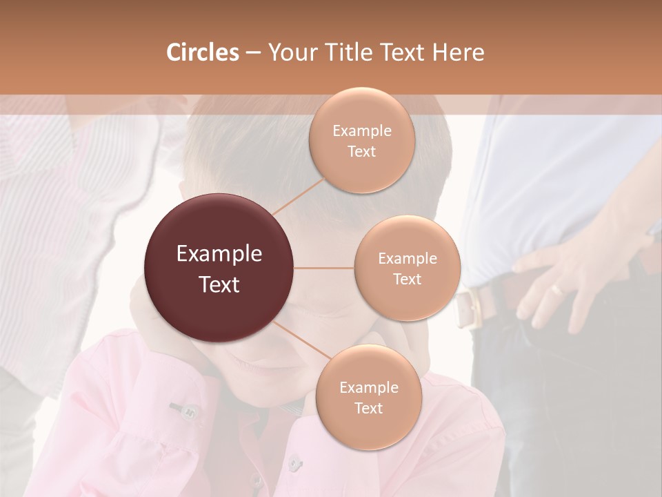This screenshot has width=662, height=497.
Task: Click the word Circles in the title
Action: [x=202, y=52]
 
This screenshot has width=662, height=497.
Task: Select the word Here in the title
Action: [x=459, y=52]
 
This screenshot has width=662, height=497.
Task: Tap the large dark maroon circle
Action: [x=219, y=268]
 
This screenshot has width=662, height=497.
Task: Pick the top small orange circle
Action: [x=361, y=141]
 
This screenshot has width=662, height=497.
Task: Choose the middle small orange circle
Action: [x=407, y=268]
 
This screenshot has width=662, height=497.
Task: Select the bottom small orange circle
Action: [x=368, y=397]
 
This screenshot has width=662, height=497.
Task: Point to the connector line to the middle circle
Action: [x=324, y=268]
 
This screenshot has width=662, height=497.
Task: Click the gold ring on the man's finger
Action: [x=557, y=290]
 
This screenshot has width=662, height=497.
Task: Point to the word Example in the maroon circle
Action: [x=219, y=254]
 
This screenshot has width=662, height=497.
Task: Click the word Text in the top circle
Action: [x=361, y=152]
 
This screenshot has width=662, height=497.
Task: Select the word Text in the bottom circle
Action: [x=368, y=408]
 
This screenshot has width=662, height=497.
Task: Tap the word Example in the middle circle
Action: [x=407, y=259]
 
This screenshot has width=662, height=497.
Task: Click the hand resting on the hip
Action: [x=565, y=276]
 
